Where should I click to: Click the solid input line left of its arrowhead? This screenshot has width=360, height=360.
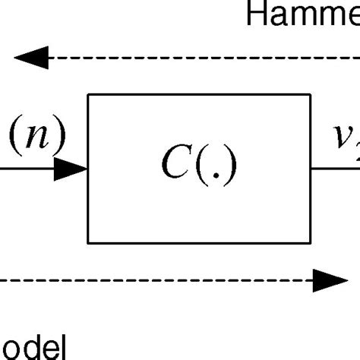tap(27, 169)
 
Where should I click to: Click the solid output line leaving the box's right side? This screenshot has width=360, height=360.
tap(334, 169)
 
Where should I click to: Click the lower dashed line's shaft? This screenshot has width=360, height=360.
tap(152, 281)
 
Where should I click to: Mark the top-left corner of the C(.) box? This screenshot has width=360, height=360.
tap(89, 95)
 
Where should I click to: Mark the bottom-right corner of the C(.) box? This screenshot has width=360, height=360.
tap(310, 243)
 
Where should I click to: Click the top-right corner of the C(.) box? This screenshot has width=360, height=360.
tap(310, 95)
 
